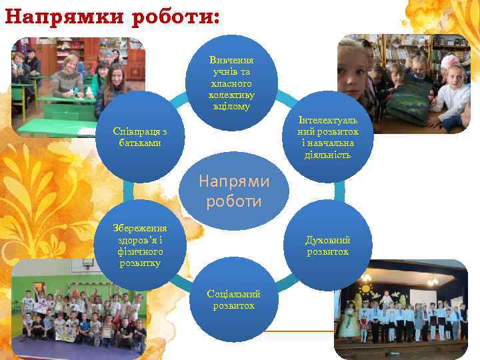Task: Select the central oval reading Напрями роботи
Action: click(x=233, y=191)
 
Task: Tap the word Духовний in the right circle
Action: click(x=327, y=240)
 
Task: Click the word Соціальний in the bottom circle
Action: click(x=233, y=294)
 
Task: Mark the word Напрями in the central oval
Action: click(x=234, y=181)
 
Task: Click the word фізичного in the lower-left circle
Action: click(x=138, y=252)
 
